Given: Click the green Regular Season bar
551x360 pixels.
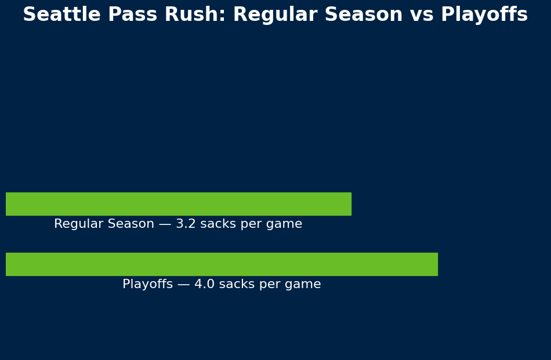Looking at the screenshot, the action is (x=179, y=204).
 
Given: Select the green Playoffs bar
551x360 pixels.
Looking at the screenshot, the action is (x=222, y=264).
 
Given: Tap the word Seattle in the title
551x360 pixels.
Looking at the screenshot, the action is (x=62, y=14).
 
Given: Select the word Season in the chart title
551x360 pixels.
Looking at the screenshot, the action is (x=364, y=14).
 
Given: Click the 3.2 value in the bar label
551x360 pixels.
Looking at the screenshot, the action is (x=186, y=224).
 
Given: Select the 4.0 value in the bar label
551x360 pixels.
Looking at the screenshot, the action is (x=205, y=284).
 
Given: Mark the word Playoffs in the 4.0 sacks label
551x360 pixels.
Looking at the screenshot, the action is (x=147, y=285).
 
